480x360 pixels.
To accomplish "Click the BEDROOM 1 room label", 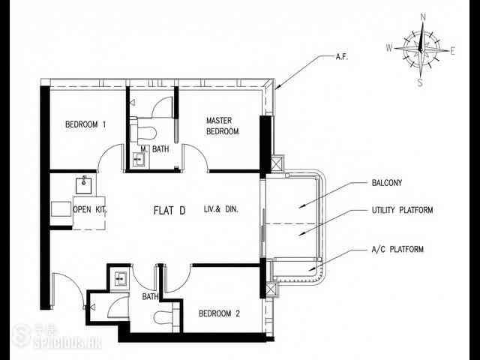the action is (x=85, y=124).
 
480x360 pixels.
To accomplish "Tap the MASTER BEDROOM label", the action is (x=223, y=126).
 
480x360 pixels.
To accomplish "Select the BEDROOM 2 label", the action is (x=219, y=313).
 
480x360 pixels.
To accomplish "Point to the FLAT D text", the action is (x=169, y=210).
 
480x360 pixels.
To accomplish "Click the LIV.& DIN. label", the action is (x=221, y=209).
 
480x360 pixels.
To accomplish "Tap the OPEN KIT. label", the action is (x=90, y=210).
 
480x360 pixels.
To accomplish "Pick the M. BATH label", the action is (x=154, y=149).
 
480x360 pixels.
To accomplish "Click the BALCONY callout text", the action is (x=387, y=183).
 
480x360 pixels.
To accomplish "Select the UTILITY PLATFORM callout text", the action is (x=402, y=210).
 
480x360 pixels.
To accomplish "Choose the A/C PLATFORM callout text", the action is (x=397, y=249).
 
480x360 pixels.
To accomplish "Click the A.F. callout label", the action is (x=342, y=57).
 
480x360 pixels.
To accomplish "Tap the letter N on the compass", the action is (x=423, y=17).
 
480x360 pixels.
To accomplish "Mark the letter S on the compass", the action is (x=420, y=82).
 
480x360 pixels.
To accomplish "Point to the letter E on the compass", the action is (x=452, y=52).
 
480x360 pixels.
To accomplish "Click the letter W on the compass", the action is (x=389, y=48).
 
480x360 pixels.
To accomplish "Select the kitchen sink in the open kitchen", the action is (x=83, y=184).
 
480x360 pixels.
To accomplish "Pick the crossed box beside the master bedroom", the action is (x=276, y=164).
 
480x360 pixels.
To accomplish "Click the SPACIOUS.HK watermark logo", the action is (x=57, y=336).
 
